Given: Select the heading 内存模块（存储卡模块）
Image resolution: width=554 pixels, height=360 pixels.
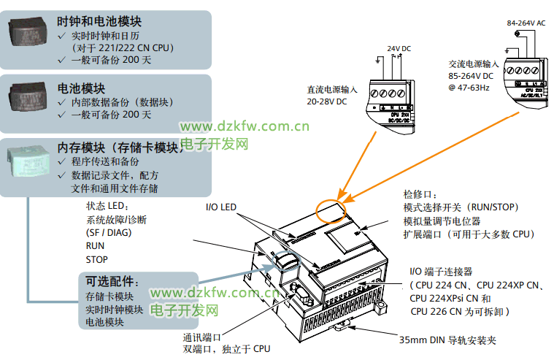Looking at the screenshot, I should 121,148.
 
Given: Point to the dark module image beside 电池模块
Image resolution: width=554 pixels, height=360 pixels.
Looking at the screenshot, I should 28,97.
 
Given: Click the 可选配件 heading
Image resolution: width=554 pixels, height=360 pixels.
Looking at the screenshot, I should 112,281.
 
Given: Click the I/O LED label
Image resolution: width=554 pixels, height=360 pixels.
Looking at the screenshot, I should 221,208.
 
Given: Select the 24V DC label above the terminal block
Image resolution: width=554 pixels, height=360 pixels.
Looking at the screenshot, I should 399,49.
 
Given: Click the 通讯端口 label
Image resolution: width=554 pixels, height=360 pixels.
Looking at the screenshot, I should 202,337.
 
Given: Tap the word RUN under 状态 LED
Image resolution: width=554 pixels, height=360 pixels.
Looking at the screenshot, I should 95,246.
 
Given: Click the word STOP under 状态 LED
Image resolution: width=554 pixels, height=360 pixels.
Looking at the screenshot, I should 97,259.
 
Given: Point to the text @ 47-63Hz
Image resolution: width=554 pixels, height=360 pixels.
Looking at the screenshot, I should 469,88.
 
